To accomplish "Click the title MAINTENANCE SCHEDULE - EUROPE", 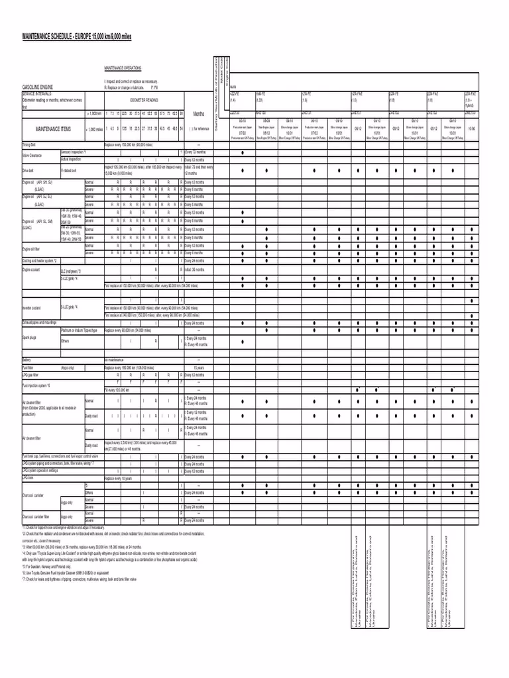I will pyautogui.click(x=77, y=37).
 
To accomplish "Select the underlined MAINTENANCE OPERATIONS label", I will pyautogui.click(x=123, y=68).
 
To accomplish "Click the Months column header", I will pyautogui.click(x=198, y=113).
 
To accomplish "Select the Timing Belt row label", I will pyautogui.click(x=30, y=144).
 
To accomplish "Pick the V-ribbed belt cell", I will pyautogui.click(x=69, y=170).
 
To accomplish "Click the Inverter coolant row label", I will pyautogui.click(x=32, y=308).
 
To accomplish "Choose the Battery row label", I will pyautogui.click(x=27, y=360).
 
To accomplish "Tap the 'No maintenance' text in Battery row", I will pyautogui.click(x=115, y=360).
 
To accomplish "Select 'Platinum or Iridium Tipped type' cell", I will pyautogui.click(x=79, y=330).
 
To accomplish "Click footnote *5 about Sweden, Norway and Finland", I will pyautogui.click(x=54, y=567).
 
